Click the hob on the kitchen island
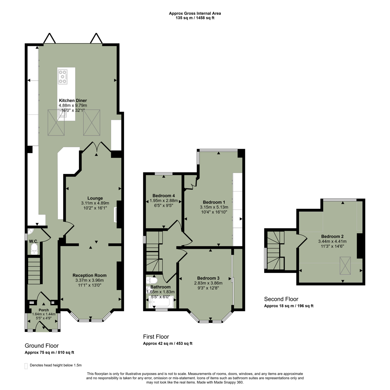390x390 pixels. (63, 77)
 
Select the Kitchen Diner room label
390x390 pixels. (73, 100)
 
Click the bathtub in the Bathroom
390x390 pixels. (161, 302)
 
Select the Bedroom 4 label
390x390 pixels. (161, 196)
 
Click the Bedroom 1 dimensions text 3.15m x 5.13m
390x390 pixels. (214, 207)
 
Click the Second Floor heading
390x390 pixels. (281, 299)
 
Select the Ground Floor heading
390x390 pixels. (41, 346)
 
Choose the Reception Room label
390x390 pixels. (89, 275)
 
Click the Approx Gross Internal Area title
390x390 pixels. (195, 13)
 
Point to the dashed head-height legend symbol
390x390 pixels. (26, 365)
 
